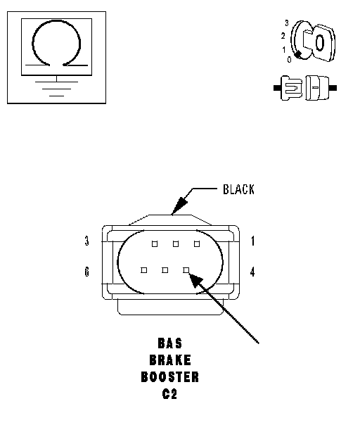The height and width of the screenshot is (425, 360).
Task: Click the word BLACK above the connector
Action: (238, 189)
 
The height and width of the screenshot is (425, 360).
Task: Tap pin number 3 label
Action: (86, 241)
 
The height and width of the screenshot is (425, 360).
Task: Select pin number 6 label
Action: (86, 272)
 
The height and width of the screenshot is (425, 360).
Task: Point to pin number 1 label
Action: (252, 241)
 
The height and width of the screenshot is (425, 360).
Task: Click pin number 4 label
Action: (252, 272)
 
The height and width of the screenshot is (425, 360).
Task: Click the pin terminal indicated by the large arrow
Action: (186, 270)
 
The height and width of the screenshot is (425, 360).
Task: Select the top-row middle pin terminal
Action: (176, 244)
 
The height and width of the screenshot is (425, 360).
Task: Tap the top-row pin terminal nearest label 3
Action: (155, 244)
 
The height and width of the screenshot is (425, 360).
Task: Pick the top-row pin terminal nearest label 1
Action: (197, 244)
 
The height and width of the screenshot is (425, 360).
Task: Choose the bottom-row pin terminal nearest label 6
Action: (144, 270)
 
